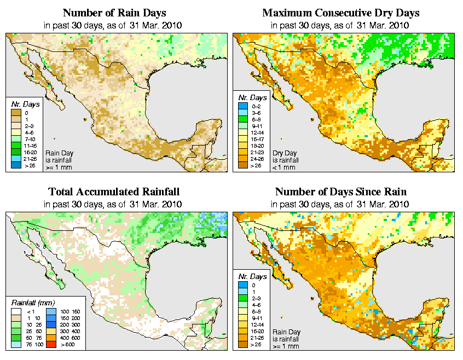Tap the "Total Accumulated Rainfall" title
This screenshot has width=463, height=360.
tap(114, 192)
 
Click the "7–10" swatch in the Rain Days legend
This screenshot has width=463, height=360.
tap(15, 138)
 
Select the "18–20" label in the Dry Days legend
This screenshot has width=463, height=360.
tap(256, 145)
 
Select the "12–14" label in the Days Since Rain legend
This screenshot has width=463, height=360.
tap(256, 324)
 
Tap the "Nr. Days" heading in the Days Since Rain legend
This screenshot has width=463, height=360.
tap(253, 277)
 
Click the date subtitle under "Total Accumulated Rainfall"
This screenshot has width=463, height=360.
tap(114, 204)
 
